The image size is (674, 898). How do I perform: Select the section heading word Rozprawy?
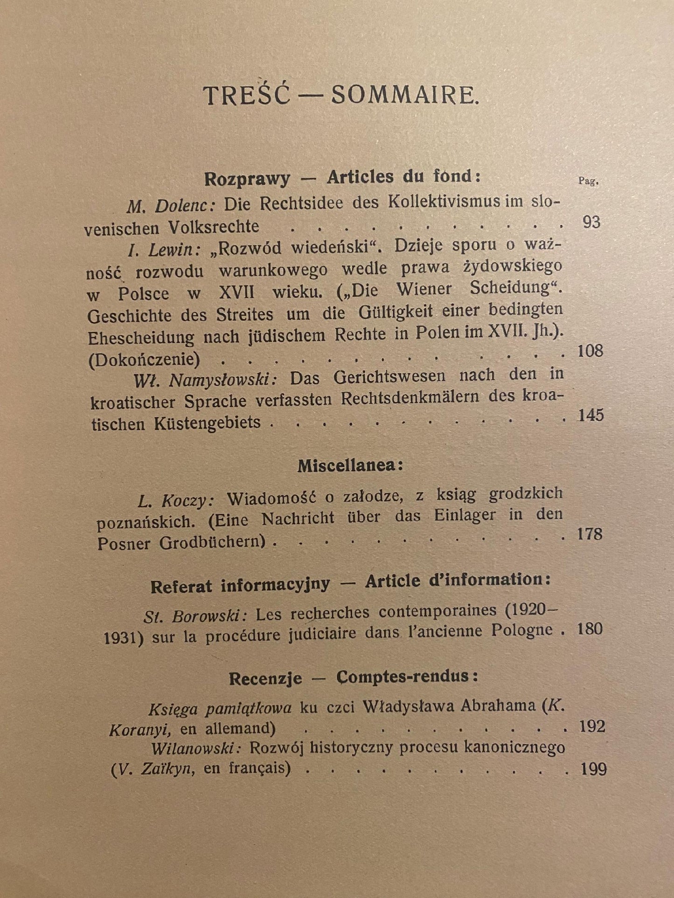[x=247, y=179]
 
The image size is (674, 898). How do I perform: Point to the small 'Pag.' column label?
[x=588, y=181]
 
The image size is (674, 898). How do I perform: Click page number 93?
[x=591, y=222]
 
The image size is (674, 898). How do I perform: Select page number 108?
[x=590, y=351]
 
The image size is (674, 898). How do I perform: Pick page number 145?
[x=591, y=415]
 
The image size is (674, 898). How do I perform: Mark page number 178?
[x=590, y=534]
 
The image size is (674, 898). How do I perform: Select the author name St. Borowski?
[x=195, y=616]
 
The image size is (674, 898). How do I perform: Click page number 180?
[x=590, y=629]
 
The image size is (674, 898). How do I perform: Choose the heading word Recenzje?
[x=265, y=678]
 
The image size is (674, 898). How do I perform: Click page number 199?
[x=593, y=769]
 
